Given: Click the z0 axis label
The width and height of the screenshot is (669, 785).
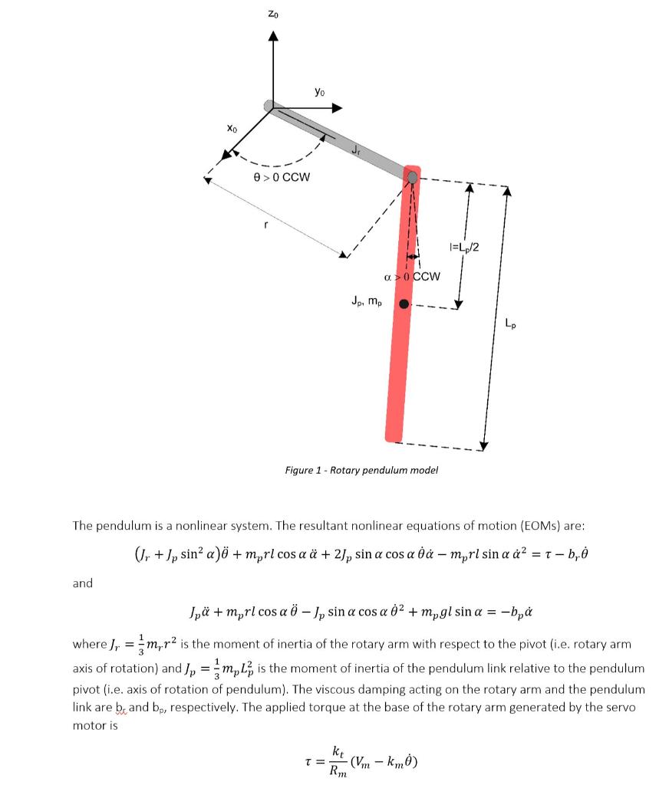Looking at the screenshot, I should (x=273, y=14).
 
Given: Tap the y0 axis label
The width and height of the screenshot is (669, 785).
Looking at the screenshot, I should (x=320, y=92).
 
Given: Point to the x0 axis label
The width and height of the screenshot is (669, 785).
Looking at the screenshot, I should (x=231, y=130).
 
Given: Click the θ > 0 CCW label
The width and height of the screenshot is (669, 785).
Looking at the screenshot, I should (x=282, y=177).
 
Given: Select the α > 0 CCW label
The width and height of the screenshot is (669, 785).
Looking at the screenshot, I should (x=411, y=276).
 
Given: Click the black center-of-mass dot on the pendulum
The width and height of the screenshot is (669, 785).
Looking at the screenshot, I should (x=404, y=304).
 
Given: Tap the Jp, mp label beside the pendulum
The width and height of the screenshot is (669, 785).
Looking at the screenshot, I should (x=365, y=301).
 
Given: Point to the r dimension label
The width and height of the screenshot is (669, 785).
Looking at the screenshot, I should (x=265, y=225).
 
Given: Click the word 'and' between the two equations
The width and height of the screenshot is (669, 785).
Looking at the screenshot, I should (x=82, y=583).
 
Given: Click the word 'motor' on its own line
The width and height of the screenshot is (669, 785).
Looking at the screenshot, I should (x=89, y=725).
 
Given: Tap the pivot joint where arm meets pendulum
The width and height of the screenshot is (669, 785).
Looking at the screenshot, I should (x=412, y=178).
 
